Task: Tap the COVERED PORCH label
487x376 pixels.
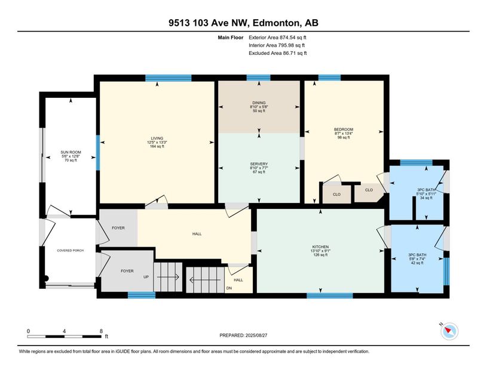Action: [70, 250]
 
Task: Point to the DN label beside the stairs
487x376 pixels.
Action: [229, 288]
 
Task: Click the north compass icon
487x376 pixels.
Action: [449, 331]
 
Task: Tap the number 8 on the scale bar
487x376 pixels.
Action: [100, 331]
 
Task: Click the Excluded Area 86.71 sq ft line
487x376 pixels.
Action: [277, 53]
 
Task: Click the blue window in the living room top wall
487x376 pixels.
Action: [169, 78]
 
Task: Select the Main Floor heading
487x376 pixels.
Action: [232, 38]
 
